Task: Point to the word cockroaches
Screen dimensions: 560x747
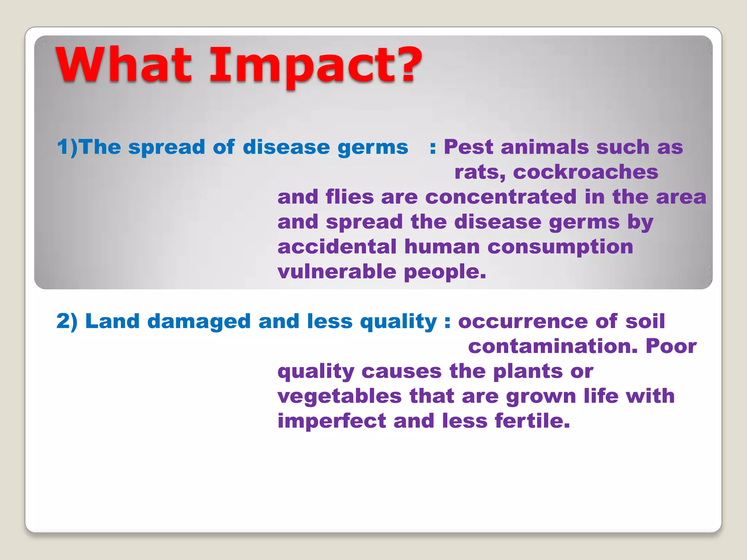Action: [x=585, y=172]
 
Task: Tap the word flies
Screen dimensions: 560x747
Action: [x=349, y=197]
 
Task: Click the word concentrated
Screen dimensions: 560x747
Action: [x=501, y=197]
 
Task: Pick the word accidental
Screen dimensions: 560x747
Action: [x=337, y=247]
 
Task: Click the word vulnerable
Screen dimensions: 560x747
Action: [x=337, y=272]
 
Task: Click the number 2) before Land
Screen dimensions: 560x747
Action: [x=67, y=322]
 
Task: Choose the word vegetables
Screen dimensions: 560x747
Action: [x=339, y=396]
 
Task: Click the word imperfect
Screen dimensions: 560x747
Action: [x=331, y=421]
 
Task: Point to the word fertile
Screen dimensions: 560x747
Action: [x=532, y=421]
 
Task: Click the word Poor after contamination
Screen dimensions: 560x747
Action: [x=671, y=346]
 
